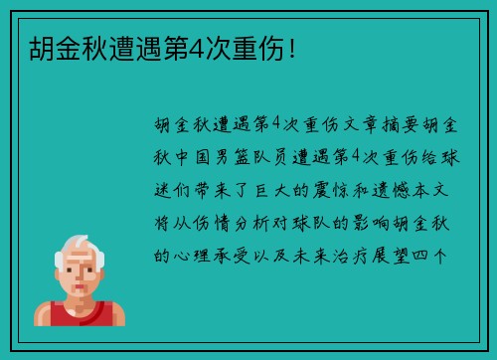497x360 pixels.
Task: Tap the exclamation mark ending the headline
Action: tap(291, 48)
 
